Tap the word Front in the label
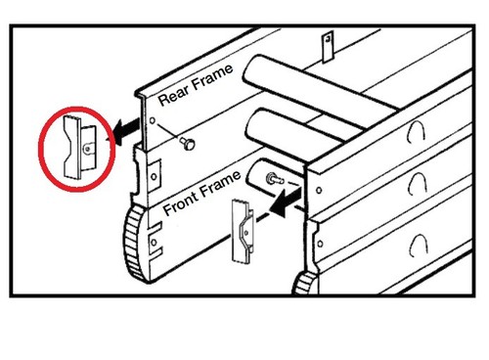[180, 202]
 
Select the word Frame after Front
[220, 184]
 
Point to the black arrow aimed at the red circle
[126, 129]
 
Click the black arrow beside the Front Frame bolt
[286, 202]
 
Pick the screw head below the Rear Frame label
[189, 144]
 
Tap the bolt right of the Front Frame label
[273, 179]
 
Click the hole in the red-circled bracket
[87, 149]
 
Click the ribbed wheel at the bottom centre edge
[305, 283]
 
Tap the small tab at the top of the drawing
[328, 46]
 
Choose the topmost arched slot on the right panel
[416, 130]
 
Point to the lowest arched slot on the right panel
[418, 246]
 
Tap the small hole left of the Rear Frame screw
[153, 120]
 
